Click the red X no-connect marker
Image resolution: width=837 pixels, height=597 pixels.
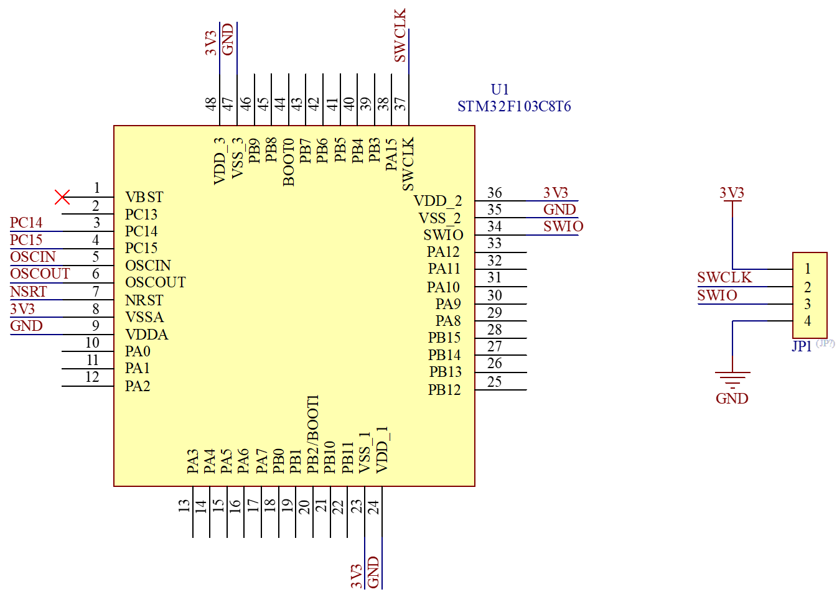point(62,197)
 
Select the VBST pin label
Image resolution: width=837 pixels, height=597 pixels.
point(144,197)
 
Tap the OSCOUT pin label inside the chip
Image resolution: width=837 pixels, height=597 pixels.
point(156,282)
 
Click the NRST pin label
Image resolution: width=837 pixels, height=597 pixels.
point(144,300)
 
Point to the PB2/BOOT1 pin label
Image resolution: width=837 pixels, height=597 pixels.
point(313,433)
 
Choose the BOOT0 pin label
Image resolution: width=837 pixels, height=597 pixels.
point(288,162)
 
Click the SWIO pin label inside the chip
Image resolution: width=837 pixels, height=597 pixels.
point(443,235)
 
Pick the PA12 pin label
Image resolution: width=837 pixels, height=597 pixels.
point(443,252)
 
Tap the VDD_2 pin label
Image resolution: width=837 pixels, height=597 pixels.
point(437,201)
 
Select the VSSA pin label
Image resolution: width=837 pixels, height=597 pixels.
point(144,317)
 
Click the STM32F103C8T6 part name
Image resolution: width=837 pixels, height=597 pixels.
point(514,106)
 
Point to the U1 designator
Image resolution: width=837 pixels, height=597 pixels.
point(500,90)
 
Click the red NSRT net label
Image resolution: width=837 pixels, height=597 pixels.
point(29,292)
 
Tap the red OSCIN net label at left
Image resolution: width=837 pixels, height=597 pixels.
point(33,257)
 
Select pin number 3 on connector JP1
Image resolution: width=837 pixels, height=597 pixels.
point(808,304)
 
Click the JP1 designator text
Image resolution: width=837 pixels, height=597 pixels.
point(802,346)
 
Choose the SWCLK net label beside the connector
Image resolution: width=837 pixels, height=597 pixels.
point(725,277)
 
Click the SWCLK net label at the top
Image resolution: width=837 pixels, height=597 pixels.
point(400,35)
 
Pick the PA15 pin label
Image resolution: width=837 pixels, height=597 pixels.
point(391,155)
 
